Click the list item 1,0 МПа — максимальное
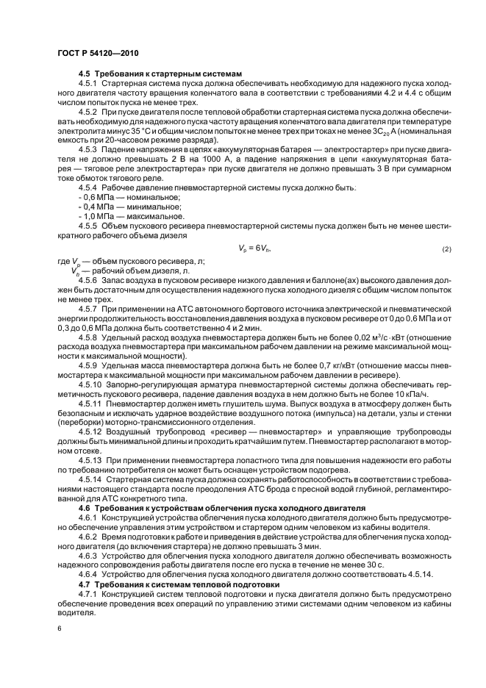tap(122, 217)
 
